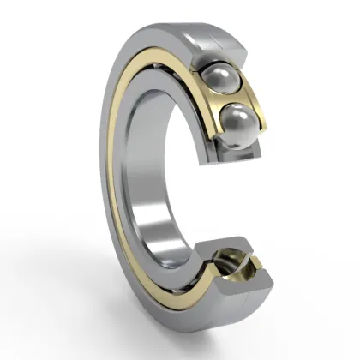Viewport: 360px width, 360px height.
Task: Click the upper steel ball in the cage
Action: click(x=221, y=78)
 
